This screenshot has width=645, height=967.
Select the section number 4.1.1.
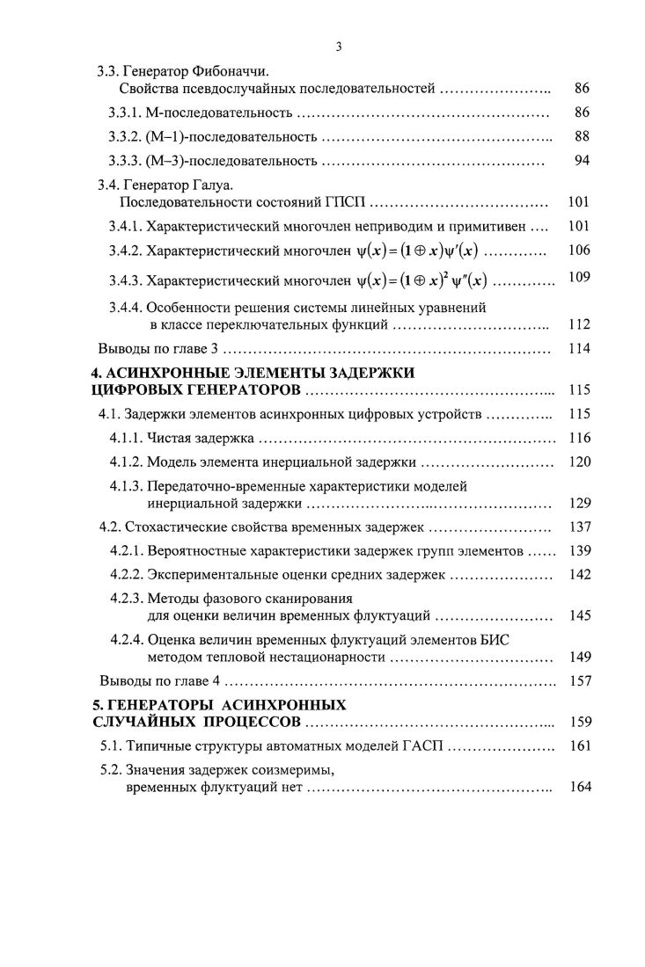click(126, 437)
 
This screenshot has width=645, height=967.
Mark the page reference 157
click(579, 680)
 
